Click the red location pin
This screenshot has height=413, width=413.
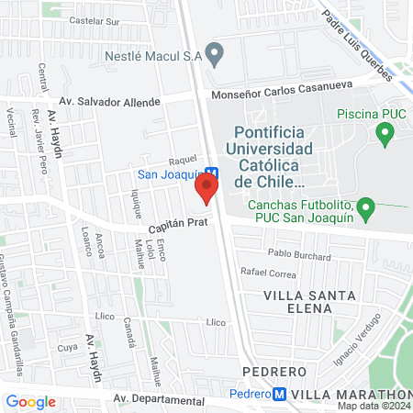206,190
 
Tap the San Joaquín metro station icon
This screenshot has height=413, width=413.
211,172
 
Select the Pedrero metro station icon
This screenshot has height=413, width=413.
280,394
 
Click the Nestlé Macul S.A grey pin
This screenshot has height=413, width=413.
215,54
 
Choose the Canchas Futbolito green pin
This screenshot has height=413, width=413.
366,209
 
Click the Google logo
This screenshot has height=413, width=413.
30,401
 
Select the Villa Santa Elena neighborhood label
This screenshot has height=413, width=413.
296,302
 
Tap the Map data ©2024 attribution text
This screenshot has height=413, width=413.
373,405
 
